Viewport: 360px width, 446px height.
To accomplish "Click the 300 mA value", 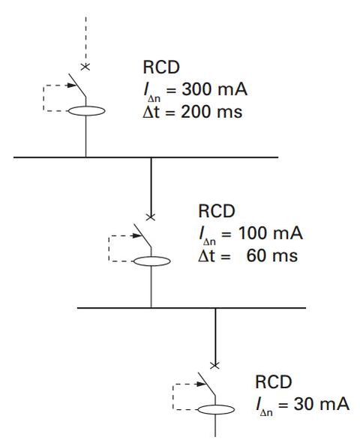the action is tap(214, 89).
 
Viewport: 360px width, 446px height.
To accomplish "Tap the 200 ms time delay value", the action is tap(211, 111).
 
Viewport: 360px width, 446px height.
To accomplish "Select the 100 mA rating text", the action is tap(271, 233).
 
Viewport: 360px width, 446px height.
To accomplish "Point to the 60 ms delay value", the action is tap(272, 255).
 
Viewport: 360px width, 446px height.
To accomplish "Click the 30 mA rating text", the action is tap(321, 404).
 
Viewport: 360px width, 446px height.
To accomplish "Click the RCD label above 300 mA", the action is tap(161, 68).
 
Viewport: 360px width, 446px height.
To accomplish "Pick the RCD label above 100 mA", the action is tap(217, 211).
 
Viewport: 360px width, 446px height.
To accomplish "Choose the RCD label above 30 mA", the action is tap(273, 381).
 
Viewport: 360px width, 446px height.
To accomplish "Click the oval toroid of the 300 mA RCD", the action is tap(87, 107).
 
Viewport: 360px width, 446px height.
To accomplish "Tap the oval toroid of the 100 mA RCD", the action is tap(152, 257).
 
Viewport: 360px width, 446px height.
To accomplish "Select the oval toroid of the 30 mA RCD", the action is tap(216, 405).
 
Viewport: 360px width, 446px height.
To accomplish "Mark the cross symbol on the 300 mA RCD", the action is tap(85, 67).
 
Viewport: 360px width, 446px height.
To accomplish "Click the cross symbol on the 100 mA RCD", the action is tap(151, 218).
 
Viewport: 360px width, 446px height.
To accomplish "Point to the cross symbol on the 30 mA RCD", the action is tap(214, 366).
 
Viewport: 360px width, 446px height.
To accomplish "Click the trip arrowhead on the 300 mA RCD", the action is tap(71, 85).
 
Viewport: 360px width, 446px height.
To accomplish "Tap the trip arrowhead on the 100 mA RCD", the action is tap(137, 236).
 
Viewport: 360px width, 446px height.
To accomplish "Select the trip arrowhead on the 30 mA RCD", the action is tap(201, 384).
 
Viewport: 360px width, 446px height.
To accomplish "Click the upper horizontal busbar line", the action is tap(145, 157).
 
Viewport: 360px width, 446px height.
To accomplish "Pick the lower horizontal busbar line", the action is tap(191, 308).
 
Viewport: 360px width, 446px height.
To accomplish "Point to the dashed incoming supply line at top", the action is tap(85, 40).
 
